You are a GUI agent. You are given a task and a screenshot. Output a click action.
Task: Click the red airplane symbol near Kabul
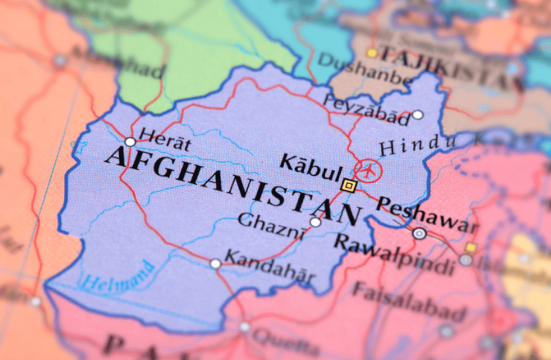pyautogui.click(x=367, y=169)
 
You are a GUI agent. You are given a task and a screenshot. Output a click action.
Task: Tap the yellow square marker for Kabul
pyautogui.click(x=349, y=185)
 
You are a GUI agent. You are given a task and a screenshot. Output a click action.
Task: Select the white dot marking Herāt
pyautogui.click(x=130, y=142)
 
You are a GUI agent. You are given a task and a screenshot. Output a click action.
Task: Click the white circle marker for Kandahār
pyautogui.click(x=215, y=264)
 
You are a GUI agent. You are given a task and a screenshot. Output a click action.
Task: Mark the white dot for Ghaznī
pyautogui.click(x=315, y=222)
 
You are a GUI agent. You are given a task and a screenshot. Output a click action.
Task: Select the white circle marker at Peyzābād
pyautogui.click(x=417, y=115)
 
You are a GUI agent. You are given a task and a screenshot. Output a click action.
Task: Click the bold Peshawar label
pyautogui.click(x=426, y=214)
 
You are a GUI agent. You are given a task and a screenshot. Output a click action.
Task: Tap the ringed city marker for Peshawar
pyautogui.click(x=419, y=234)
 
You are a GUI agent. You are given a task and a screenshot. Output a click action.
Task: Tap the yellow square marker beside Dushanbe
pyautogui.click(x=372, y=53)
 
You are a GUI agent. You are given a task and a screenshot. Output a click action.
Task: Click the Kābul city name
pyautogui.click(x=310, y=167)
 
